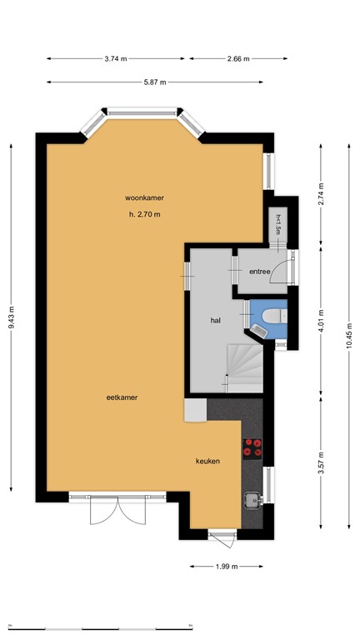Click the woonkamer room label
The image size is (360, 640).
click(x=143, y=197)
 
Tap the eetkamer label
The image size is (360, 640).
click(x=121, y=397)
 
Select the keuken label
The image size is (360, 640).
click(x=207, y=461)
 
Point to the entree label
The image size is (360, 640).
click(x=259, y=272)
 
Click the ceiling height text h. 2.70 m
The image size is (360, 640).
click(x=143, y=215)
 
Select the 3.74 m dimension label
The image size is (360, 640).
click(x=117, y=58)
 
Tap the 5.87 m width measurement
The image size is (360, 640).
click(x=155, y=82)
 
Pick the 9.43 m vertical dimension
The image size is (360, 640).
click(x=12, y=317)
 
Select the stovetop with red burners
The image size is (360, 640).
click(x=252, y=448)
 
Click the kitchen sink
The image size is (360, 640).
click(x=251, y=500)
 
